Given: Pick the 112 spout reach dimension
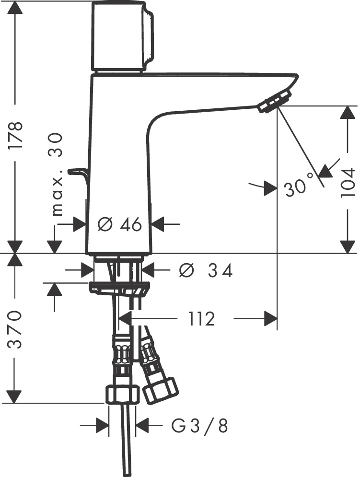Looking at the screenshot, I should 201,318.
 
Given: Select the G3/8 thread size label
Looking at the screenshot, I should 199,425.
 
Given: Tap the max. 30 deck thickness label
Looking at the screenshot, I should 58,175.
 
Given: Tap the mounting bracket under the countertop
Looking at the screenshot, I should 119,289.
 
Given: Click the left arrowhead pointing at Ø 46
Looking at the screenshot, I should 80,224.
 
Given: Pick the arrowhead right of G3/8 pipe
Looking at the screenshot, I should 143,425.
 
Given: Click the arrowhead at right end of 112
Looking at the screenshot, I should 271,318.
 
